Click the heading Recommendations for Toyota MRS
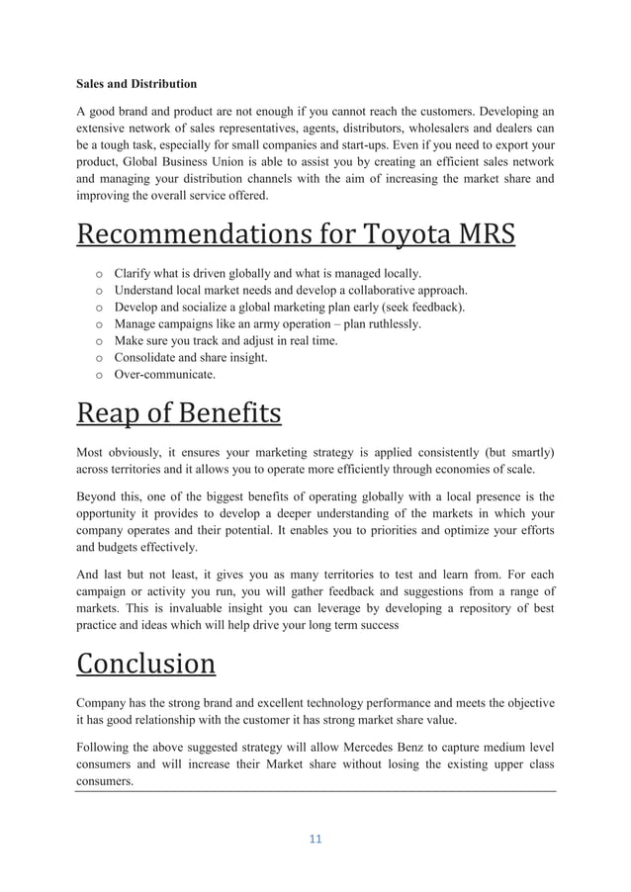[x=296, y=237]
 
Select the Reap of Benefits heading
[x=178, y=413]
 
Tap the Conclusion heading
[x=145, y=663]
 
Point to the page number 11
[x=315, y=841]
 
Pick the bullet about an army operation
[x=267, y=323]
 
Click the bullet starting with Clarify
[x=267, y=272]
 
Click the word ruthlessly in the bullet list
[x=387, y=323]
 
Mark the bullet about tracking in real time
[x=225, y=341]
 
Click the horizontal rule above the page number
[x=315, y=791]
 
